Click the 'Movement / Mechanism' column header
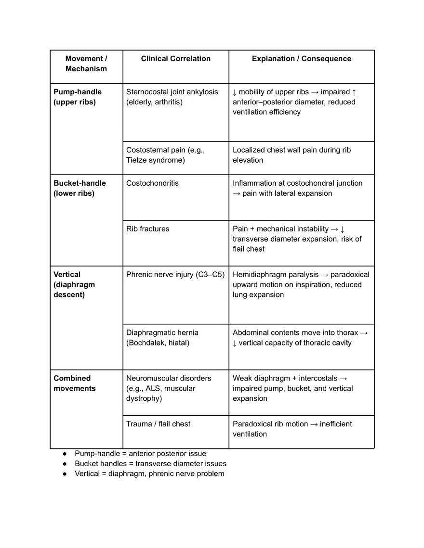[x=86, y=64]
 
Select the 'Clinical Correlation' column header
[x=175, y=59]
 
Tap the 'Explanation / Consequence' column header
[x=301, y=59]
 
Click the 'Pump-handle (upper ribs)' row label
[x=78, y=97]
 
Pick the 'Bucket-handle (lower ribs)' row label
[x=79, y=188]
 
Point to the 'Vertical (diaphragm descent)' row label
[x=74, y=284]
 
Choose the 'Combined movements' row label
[x=74, y=383]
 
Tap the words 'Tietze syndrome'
[x=155, y=160]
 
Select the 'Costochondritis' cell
[x=152, y=183]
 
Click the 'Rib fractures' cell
[x=147, y=229]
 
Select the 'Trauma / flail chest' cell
[x=158, y=424]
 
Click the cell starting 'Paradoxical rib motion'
[x=292, y=429]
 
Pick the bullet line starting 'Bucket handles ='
[x=150, y=464]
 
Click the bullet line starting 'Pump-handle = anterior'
[x=140, y=454]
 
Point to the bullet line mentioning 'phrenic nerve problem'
[x=149, y=474]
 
